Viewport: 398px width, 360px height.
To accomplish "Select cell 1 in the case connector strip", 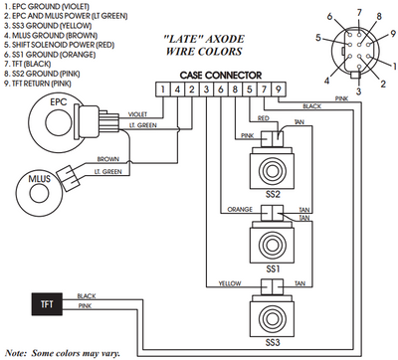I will pyautogui.click(x=162, y=90).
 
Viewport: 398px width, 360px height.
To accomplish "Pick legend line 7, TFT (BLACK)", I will pyautogui.click(x=36, y=61).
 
